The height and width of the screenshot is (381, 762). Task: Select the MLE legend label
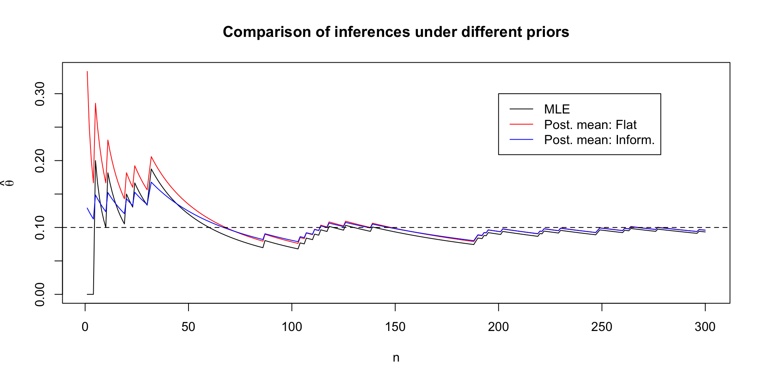557,109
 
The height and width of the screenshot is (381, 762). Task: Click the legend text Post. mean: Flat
590,125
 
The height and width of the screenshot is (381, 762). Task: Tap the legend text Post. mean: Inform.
599,140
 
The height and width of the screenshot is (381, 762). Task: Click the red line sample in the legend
521,124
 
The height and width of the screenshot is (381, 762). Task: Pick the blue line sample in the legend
521,140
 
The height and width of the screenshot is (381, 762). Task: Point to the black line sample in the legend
521,109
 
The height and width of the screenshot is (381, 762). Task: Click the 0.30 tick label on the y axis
40,94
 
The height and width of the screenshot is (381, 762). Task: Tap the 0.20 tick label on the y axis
40,161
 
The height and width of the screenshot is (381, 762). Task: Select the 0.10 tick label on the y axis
40,227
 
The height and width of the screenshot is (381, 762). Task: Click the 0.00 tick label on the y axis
40,294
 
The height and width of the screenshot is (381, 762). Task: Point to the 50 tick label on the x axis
189,327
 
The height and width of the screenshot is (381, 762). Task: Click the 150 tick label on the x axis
395,327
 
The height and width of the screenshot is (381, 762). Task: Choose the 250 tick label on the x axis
602,327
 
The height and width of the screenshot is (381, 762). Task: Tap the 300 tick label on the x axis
705,327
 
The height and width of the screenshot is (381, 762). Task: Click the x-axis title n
396,358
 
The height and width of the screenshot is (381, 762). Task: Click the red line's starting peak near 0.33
87,71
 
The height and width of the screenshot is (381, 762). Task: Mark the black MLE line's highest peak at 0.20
95,161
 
